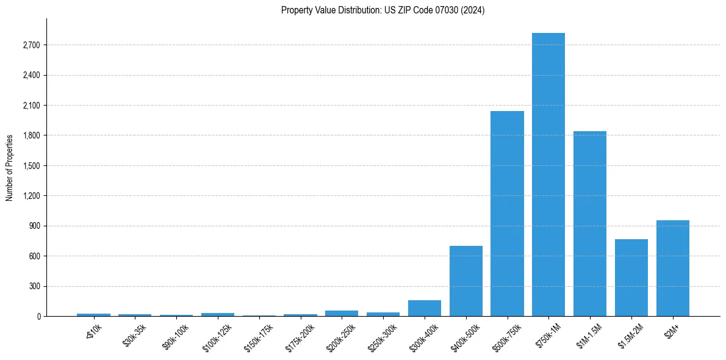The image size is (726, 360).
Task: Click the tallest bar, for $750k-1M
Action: coord(548,175)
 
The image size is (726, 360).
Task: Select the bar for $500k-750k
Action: coord(507,214)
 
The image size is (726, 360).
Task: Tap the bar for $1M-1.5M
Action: coord(590,223)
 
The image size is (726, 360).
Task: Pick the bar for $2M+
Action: coord(673,268)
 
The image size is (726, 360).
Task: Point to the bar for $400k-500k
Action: coord(465,281)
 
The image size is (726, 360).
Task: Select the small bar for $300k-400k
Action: coord(424,308)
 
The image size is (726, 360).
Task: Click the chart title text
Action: coord(383,10)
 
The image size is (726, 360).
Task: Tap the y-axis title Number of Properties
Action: coord(10,167)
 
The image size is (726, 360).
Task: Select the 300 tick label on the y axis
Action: coord(34,286)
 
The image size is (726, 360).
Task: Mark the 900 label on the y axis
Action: coord(34,226)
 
